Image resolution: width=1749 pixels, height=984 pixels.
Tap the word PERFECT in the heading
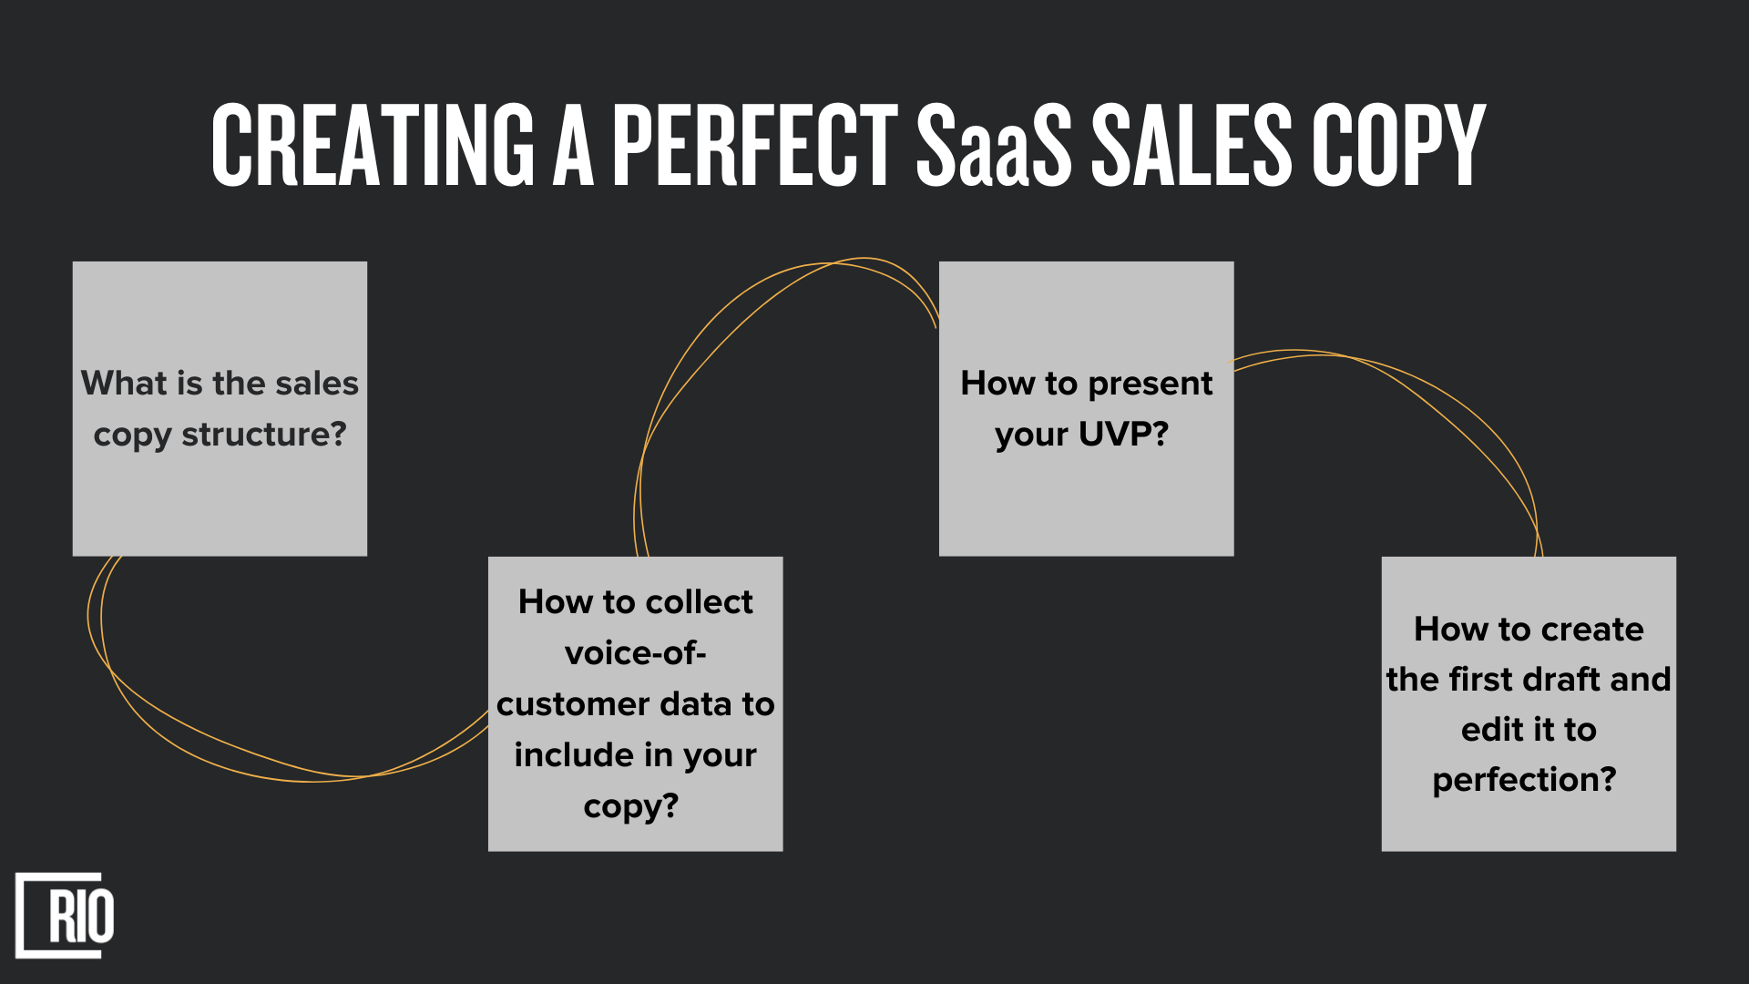[x=755, y=145]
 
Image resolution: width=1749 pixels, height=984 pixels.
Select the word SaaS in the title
[x=994, y=145]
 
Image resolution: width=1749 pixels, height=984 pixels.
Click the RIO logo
[x=65, y=916]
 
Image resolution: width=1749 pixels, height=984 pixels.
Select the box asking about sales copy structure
[x=220, y=409]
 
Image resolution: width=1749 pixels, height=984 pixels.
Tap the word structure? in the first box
[x=264, y=436]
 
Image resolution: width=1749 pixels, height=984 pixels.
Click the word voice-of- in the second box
[x=636, y=653]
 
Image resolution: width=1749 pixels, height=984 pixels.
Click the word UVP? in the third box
[x=1123, y=435]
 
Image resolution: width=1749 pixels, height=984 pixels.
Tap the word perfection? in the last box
[x=1524, y=780]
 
